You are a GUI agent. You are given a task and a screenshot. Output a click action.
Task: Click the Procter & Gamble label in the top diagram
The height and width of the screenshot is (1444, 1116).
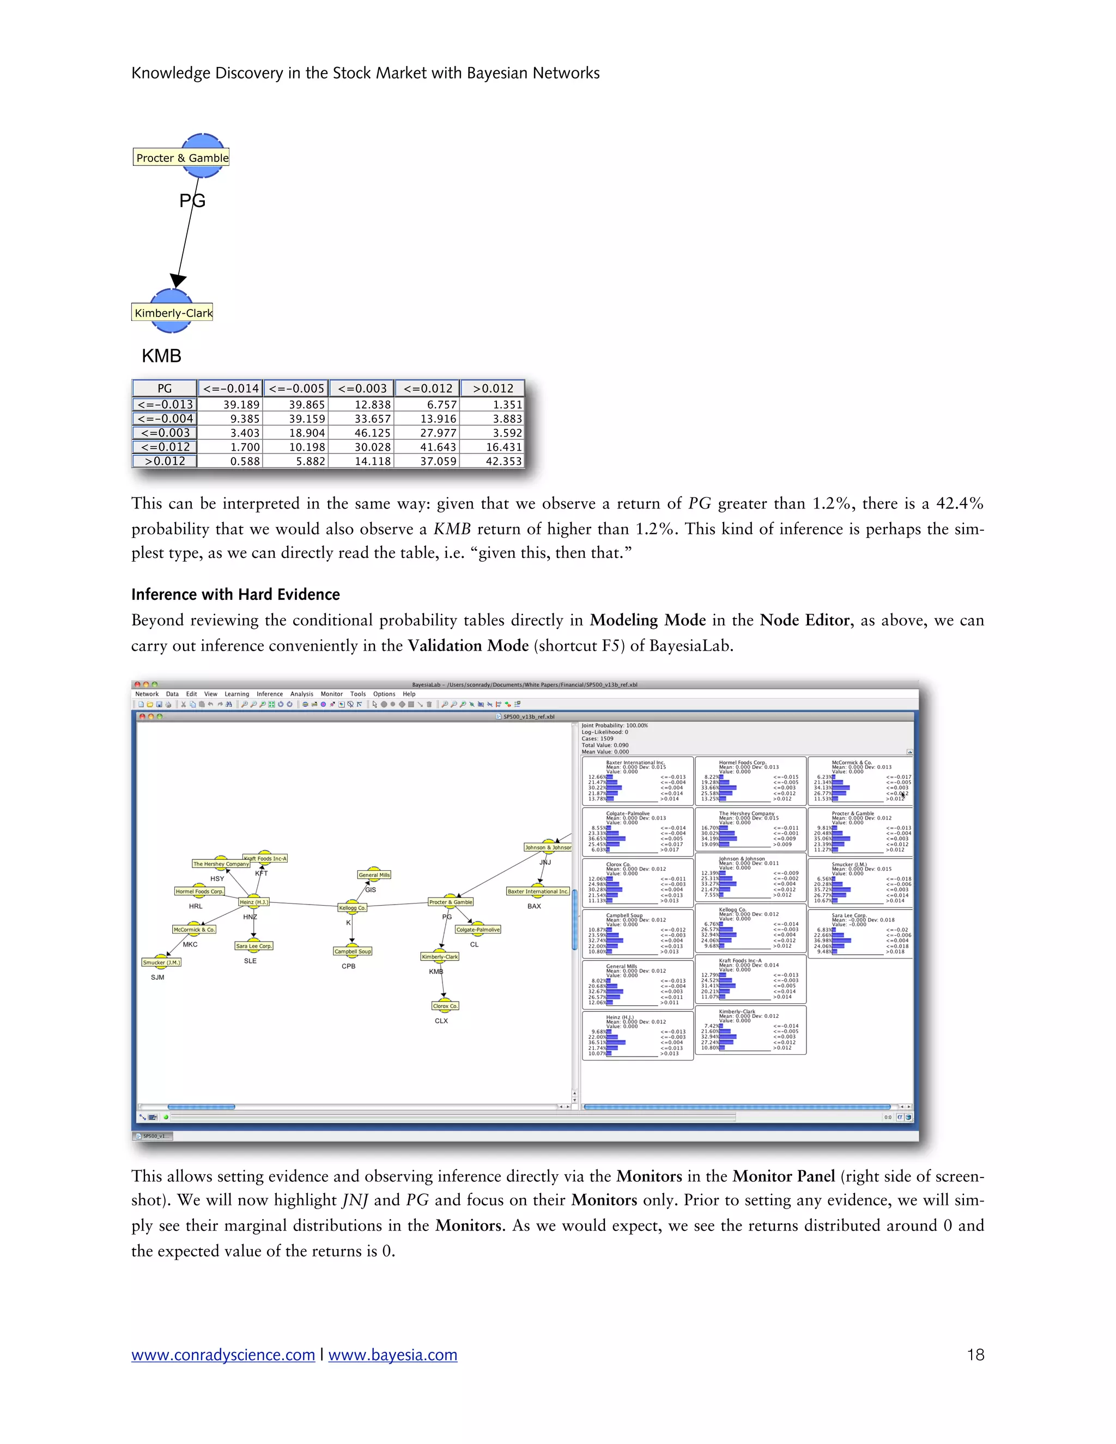(x=182, y=157)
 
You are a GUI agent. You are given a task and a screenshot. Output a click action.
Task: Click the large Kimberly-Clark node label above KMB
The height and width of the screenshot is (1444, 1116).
(x=173, y=313)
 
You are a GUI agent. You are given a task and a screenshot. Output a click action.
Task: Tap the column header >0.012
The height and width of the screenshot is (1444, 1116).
(x=493, y=389)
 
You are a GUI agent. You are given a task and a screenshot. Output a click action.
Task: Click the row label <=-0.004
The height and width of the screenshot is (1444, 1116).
(x=165, y=418)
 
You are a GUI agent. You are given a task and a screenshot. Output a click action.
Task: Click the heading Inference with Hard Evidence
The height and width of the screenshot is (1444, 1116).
(x=235, y=594)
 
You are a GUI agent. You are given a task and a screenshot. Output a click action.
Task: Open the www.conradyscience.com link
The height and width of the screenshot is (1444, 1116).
(x=223, y=1355)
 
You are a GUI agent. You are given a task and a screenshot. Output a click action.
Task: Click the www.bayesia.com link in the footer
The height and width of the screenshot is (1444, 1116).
(x=393, y=1355)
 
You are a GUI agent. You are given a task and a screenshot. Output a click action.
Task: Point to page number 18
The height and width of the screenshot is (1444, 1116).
(x=975, y=1355)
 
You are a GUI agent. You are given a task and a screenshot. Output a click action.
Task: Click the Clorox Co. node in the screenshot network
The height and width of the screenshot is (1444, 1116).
(x=445, y=1006)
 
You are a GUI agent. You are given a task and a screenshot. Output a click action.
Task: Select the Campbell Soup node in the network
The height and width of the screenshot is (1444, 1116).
(x=353, y=951)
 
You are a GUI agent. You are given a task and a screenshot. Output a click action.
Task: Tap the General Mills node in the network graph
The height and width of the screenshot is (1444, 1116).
(x=374, y=875)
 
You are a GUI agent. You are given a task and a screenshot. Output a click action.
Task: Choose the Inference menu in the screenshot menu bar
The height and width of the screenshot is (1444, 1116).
(x=270, y=694)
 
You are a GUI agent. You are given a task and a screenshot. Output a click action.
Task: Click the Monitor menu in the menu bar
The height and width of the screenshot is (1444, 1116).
(x=331, y=694)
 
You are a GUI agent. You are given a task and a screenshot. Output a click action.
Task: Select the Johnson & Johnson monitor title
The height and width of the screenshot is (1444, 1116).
(x=741, y=859)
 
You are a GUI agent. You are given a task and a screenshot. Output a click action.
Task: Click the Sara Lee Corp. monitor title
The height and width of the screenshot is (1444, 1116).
(x=849, y=916)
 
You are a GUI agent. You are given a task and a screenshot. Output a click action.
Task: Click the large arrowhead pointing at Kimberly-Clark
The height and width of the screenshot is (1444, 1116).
(x=178, y=280)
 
